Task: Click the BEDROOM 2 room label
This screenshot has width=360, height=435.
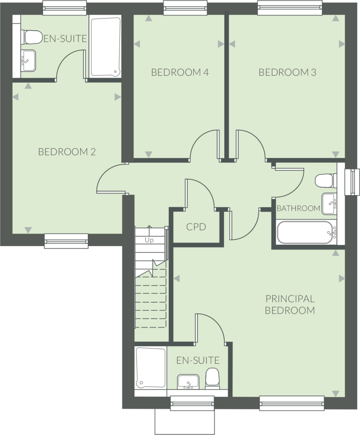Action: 67,152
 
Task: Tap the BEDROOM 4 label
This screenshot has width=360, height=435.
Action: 180,72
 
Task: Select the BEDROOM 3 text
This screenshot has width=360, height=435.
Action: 287,72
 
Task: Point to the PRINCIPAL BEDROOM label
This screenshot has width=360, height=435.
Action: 290,304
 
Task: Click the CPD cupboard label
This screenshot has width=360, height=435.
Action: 196,227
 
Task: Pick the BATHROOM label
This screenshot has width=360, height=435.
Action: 298,208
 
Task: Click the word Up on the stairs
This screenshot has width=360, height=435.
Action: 149,240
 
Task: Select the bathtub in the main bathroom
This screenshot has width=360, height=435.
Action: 305,233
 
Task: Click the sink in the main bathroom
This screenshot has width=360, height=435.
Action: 329,203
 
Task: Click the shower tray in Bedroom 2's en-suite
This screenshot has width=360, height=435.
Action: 105,47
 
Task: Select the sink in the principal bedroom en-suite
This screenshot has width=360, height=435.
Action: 188,382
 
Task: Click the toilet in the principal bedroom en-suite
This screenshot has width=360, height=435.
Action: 212,378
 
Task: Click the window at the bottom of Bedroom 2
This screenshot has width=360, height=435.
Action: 66,241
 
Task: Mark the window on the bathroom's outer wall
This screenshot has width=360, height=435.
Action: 350,182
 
